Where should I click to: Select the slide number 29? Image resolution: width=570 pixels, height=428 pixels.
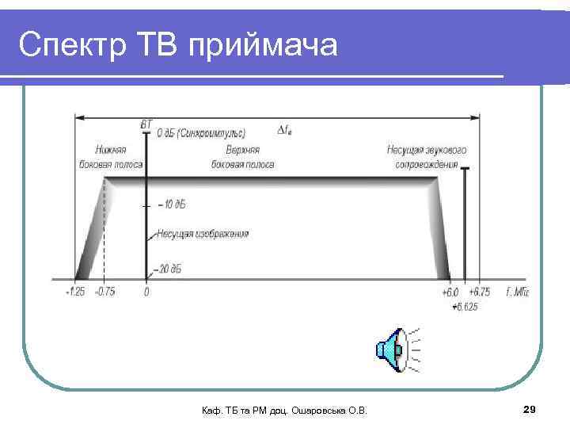(x=530, y=409)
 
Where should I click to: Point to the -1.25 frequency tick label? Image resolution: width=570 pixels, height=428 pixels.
(x=76, y=292)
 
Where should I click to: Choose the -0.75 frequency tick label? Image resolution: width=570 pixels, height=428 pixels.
(x=104, y=292)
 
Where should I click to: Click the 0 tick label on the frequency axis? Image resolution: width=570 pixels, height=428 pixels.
(x=146, y=292)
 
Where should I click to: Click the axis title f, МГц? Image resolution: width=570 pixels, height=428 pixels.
(x=517, y=292)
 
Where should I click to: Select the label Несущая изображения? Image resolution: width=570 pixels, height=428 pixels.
(x=203, y=234)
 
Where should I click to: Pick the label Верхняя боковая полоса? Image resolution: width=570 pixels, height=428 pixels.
(x=243, y=157)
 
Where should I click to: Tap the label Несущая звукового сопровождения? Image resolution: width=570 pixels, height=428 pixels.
(x=427, y=157)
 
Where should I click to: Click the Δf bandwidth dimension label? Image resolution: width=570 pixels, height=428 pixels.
(x=284, y=130)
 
